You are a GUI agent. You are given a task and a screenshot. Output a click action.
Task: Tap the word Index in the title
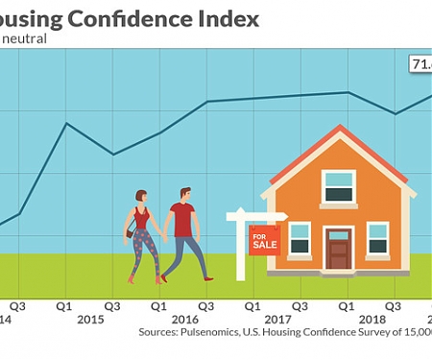[228, 18]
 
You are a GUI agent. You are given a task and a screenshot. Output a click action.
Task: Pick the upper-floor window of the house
[338, 185]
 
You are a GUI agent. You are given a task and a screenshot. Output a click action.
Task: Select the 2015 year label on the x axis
[90, 319]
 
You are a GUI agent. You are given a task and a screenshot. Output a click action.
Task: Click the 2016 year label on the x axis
[184, 319]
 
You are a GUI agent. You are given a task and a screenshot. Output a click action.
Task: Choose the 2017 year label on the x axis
[277, 319]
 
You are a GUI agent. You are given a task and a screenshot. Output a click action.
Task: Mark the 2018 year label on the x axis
[372, 319]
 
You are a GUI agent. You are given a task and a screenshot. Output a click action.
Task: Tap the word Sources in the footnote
[160, 333]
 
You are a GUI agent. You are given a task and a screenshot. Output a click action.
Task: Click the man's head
[185, 195]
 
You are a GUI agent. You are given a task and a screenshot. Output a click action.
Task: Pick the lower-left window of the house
[300, 237]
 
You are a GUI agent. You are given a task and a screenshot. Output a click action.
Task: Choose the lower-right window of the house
[377, 237]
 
